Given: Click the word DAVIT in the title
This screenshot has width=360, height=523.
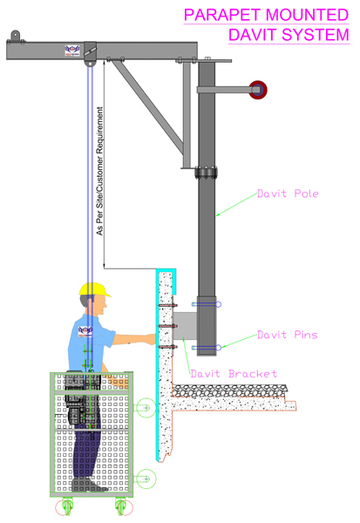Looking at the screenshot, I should pos(251,34).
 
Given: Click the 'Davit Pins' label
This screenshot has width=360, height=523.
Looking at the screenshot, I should pos(285,334).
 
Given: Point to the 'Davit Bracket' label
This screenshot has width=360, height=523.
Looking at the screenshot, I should pos(233,374).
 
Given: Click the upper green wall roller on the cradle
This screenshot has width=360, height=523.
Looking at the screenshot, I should pos(145,405).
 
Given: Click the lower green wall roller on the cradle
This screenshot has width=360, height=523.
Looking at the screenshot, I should pos(145,477).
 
